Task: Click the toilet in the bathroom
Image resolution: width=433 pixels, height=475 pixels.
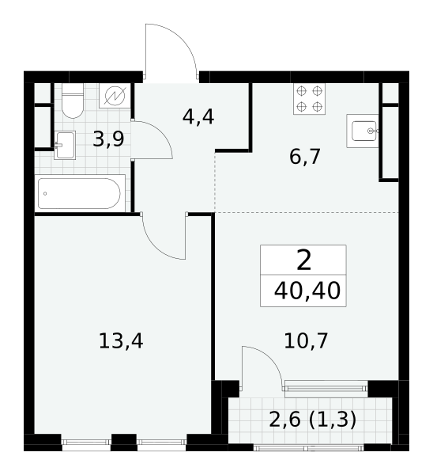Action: click(72, 101)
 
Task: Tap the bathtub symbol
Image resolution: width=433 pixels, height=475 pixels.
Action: click(80, 193)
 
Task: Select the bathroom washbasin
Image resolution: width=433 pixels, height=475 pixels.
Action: click(65, 146)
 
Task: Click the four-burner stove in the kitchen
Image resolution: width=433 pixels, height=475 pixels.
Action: click(309, 99)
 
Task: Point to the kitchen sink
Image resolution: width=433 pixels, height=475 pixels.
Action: click(362, 131)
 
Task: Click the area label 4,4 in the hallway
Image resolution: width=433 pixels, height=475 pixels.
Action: click(198, 117)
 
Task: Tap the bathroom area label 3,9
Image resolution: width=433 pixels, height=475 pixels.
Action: click(108, 139)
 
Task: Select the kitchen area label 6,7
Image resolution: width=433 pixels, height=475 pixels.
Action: click(305, 157)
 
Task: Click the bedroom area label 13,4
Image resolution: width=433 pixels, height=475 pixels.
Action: click(121, 340)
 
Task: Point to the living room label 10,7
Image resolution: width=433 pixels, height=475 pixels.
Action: click(306, 340)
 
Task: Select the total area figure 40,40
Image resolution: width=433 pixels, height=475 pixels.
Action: click(307, 291)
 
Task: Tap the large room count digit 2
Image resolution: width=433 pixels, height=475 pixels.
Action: click(304, 260)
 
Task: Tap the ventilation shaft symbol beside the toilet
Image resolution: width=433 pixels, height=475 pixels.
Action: click(115, 96)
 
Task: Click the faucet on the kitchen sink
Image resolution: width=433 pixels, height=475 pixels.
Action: click(372, 131)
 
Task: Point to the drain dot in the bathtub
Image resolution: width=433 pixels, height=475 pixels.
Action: click(45, 194)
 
